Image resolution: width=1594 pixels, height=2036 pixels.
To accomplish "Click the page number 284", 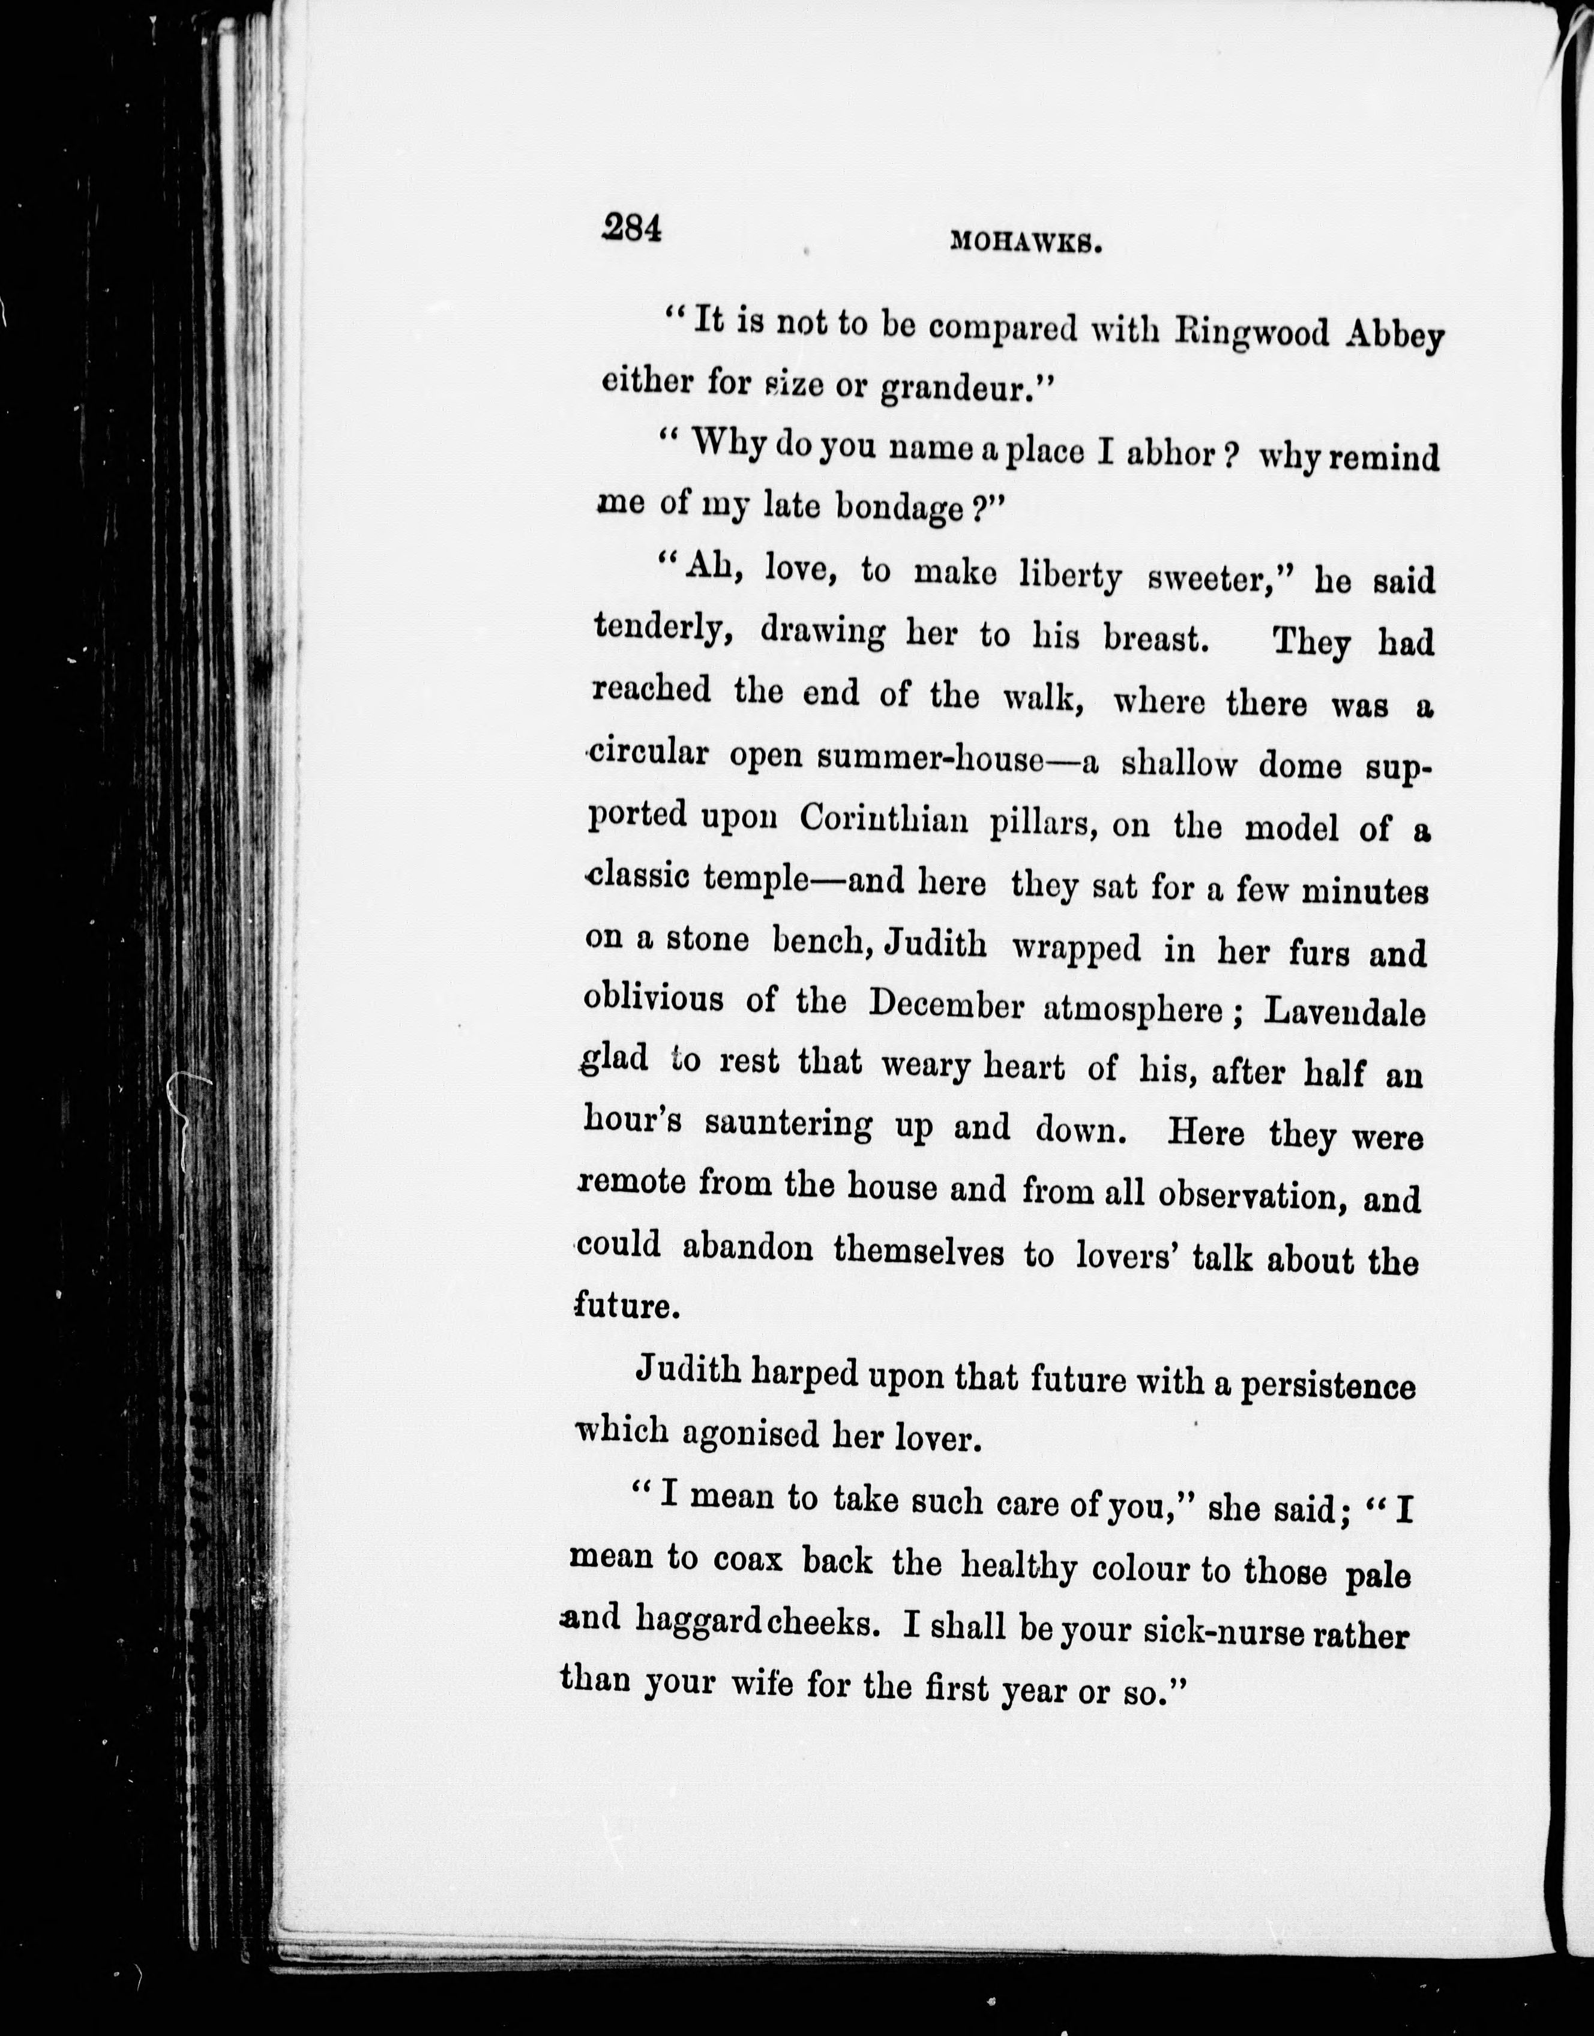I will point(632,227).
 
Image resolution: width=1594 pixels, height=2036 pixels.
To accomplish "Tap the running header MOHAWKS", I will point(1027,242).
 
